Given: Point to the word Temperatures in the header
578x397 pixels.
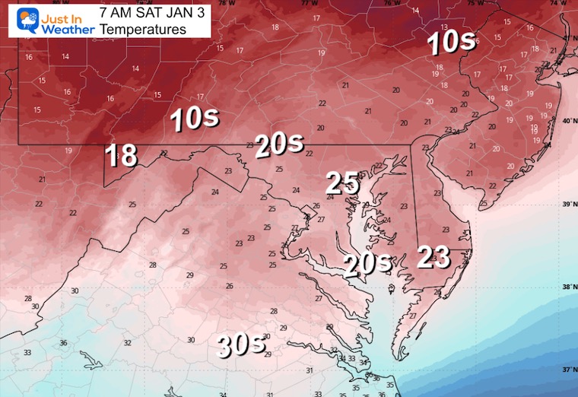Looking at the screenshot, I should tap(143, 30).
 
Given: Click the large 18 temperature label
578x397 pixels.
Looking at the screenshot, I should tap(121, 155).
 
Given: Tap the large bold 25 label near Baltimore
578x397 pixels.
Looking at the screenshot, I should tap(342, 183).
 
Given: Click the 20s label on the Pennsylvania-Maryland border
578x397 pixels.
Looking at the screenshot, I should tap(279, 145).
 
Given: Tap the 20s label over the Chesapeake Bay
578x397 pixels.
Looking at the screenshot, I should tap(367, 265).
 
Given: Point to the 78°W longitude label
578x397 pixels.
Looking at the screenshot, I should tap(223, 3).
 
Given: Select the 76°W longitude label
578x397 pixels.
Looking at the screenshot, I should tap(392, 3).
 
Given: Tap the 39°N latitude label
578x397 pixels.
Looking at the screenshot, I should tap(567, 205).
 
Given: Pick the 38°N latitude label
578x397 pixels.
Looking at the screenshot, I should tap(567, 287).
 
